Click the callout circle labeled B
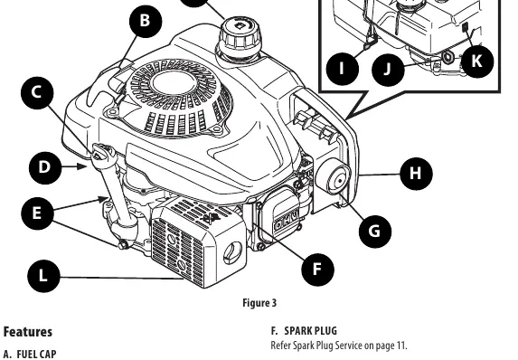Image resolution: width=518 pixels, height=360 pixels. click(146, 21)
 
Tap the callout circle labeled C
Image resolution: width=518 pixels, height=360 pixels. click(37, 93)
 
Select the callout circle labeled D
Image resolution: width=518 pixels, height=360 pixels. click(45, 168)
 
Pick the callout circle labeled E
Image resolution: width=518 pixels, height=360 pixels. click(37, 213)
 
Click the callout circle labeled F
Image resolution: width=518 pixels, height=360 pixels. click(317, 270)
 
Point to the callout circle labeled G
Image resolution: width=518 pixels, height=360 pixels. click(375, 231)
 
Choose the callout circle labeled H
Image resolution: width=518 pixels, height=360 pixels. click(416, 174)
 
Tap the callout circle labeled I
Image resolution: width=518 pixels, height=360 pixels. click(343, 69)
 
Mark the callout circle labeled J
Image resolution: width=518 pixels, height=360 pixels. click(388, 70)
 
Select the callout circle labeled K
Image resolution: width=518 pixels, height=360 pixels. click(477, 62)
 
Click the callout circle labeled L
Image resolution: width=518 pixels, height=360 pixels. click(43, 276)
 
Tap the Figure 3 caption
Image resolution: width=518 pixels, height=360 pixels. click(259, 303)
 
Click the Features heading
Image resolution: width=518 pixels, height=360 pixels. click(28, 332)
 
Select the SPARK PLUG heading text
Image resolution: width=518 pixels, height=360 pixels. click(311, 331)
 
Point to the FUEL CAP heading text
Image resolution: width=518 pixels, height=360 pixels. click(36, 355)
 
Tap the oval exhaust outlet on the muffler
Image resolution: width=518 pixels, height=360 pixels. click(232, 253)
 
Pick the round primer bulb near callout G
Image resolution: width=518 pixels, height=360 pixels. click(333, 178)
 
